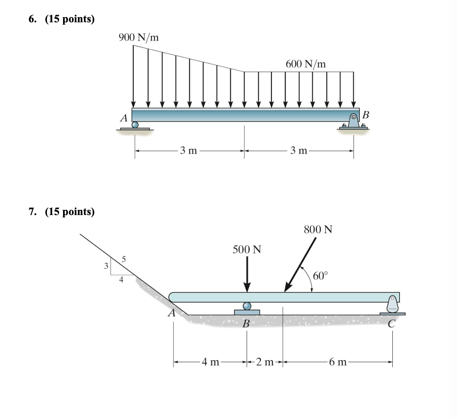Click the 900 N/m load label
pyautogui.click(x=139, y=37)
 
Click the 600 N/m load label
pyautogui.click(x=306, y=64)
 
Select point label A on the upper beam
pyautogui.click(x=124, y=118)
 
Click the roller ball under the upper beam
pyautogui.click(x=135, y=125)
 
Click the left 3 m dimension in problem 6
pyautogui.click(x=188, y=151)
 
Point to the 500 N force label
pyautogui.click(x=247, y=249)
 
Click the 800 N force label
pyautogui.click(x=318, y=229)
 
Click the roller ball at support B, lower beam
pyautogui.click(x=247, y=306)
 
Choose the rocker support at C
pyautogui.click(x=393, y=305)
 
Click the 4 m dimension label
pyautogui.click(x=210, y=362)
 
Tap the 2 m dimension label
pyautogui.click(x=264, y=362)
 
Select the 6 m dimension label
pyautogui.click(x=337, y=362)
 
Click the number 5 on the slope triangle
pyautogui.click(x=124, y=259)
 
